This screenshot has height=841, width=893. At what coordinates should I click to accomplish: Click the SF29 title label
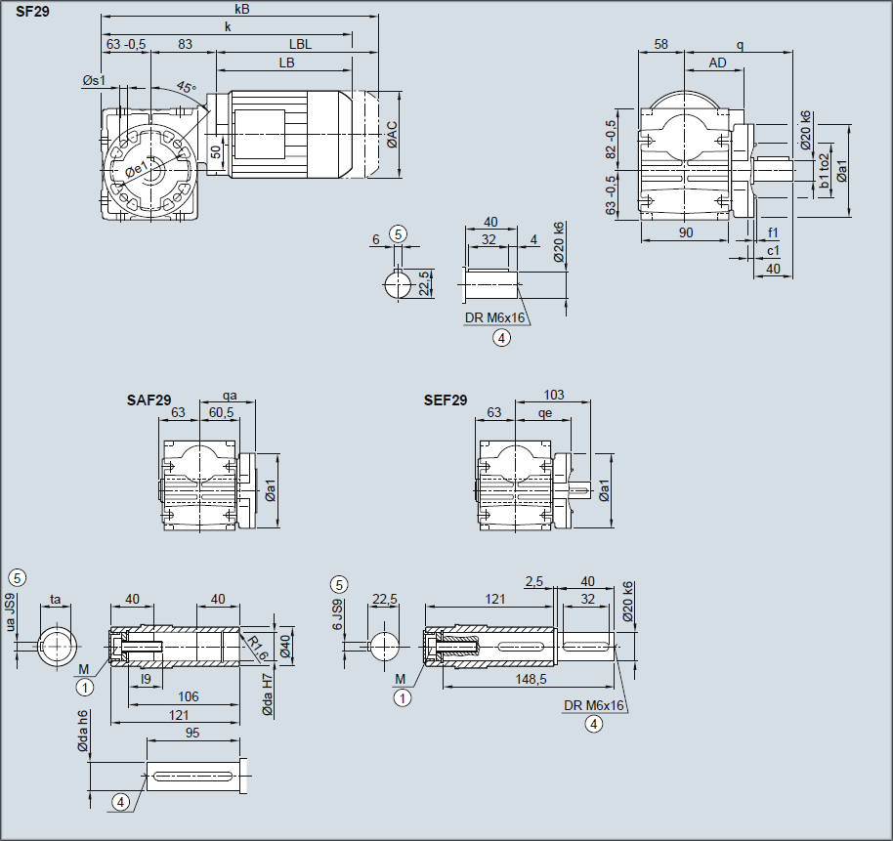(x=32, y=12)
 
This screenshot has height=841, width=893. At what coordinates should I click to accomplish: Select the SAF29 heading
(x=149, y=400)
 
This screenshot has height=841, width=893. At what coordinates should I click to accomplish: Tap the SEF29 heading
(x=446, y=400)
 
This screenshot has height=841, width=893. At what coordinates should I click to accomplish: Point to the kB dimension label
(x=242, y=9)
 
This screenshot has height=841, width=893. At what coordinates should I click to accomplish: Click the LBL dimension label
(x=300, y=44)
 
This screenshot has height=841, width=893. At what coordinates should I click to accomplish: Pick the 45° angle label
(x=186, y=87)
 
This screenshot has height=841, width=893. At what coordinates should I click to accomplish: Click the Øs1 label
(x=94, y=80)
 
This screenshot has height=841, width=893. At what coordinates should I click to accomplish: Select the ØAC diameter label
(x=393, y=135)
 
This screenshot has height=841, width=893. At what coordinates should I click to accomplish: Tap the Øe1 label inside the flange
(x=137, y=169)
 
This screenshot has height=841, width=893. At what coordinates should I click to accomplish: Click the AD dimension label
(x=717, y=63)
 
